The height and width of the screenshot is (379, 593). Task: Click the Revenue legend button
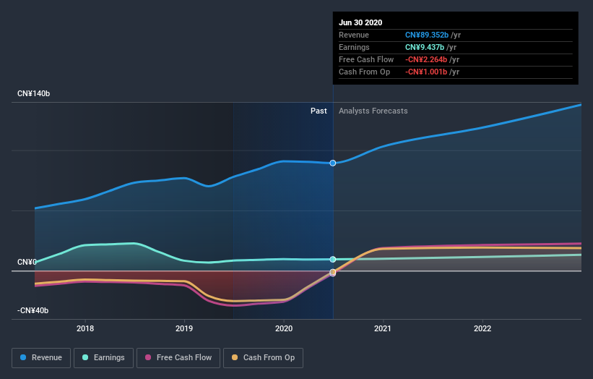[42, 357]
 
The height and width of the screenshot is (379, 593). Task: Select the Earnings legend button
[104, 357]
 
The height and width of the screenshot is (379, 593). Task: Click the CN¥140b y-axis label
[33, 94]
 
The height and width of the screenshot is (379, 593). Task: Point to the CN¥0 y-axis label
[27, 262]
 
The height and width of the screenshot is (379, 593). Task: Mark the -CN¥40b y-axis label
[33, 310]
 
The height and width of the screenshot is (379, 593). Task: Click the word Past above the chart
[319, 111]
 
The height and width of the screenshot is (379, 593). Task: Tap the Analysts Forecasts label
[373, 111]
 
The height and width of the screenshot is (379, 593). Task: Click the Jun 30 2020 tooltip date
[360, 22]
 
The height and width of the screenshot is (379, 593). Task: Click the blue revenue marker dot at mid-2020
[333, 163]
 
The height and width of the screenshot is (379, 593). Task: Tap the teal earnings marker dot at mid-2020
[333, 259]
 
